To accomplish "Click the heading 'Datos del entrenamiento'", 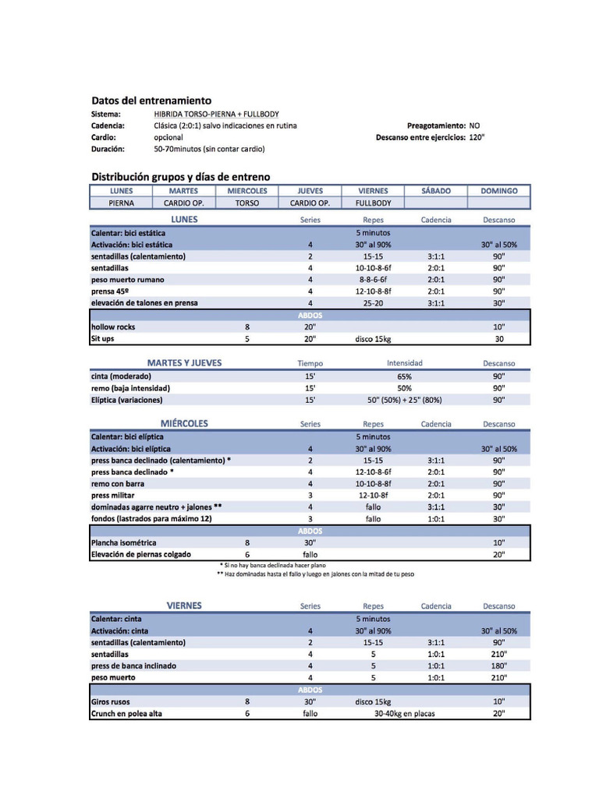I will coord(151,101).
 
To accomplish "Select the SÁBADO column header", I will coord(435,191).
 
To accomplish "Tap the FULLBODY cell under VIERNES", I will coord(373,203).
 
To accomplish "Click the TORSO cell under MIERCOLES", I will coord(247,203).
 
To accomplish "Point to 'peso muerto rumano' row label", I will coord(128,280).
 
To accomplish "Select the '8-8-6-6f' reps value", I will coord(373,280).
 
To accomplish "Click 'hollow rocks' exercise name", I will coord(113,327).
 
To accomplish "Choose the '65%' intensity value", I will coord(404,376).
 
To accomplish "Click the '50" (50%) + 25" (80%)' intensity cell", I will coord(404,400).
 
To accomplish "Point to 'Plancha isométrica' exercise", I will coord(124,542).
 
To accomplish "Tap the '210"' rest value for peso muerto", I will coord(499,678).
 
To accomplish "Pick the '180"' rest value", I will coord(499,666).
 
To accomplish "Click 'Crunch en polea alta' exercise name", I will coord(126,714).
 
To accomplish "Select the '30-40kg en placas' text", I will coord(404,714).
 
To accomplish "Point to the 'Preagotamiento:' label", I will coord(436,125).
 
